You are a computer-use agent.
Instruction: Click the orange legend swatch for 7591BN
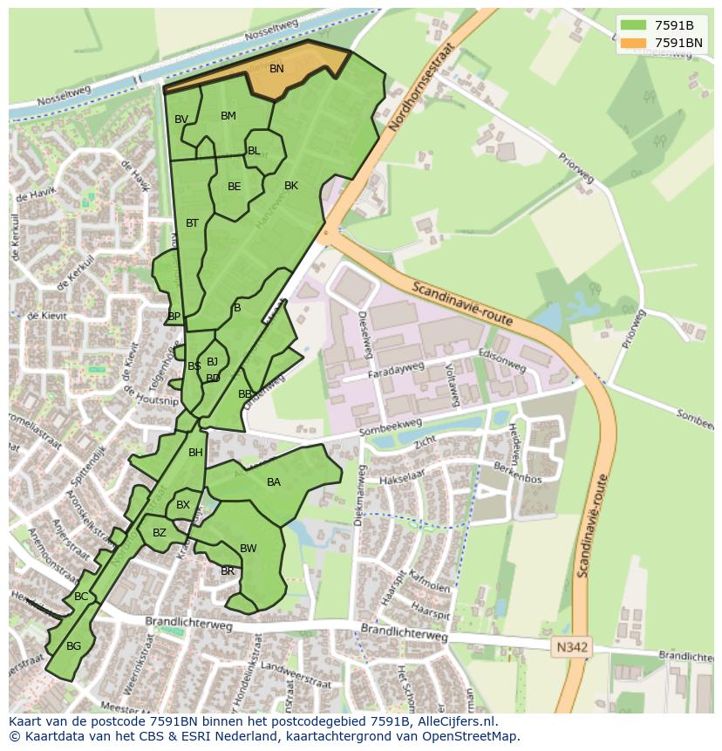pyautogui.click(x=633, y=43)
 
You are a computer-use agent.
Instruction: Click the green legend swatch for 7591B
pyautogui.click(x=633, y=25)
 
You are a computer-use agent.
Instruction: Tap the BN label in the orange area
pyautogui.click(x=276, y=69)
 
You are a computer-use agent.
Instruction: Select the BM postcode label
pyautogui.click(x=228, y=116)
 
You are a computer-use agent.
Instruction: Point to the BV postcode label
pyautogui.click(x=181, y=119)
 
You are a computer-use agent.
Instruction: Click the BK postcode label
pyautogui.click(x=291, y=186)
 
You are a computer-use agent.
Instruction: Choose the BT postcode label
pyautogui.click(x=193, y=223)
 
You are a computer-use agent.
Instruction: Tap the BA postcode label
pyautogui.click(x=274, y=482)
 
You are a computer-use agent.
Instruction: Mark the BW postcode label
pyautogui.click(x=249, y=549)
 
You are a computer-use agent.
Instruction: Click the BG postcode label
pyautogui.click(x=73, y=646)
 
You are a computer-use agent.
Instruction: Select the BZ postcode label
pyautogui.click(x=160, y=533)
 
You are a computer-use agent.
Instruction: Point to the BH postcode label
pyautogui.click(x=195, y=453)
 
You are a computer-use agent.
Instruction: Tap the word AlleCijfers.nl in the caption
pyautogui.click(x=454, y=721)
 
